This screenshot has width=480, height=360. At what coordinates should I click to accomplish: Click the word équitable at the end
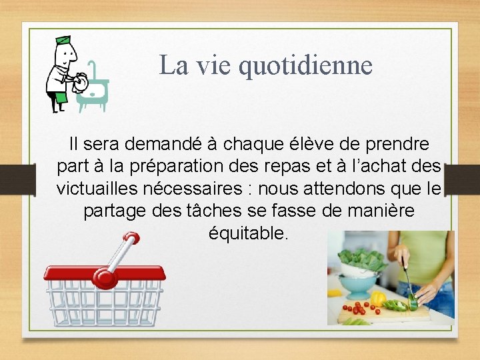click(x=248, y=233)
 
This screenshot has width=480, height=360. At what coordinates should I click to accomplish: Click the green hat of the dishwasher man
click(x=63, y=40)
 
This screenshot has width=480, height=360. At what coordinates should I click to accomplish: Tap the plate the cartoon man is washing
click(x=81, y=83)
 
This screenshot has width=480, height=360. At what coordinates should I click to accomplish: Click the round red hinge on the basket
click(x=104, y=277)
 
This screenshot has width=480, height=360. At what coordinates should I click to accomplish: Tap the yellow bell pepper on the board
click(x=377, y=299)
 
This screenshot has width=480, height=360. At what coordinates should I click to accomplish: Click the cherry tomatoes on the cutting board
click(x=357, y=309)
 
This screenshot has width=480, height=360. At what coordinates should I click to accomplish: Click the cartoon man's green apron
click(x=61, y=99)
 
